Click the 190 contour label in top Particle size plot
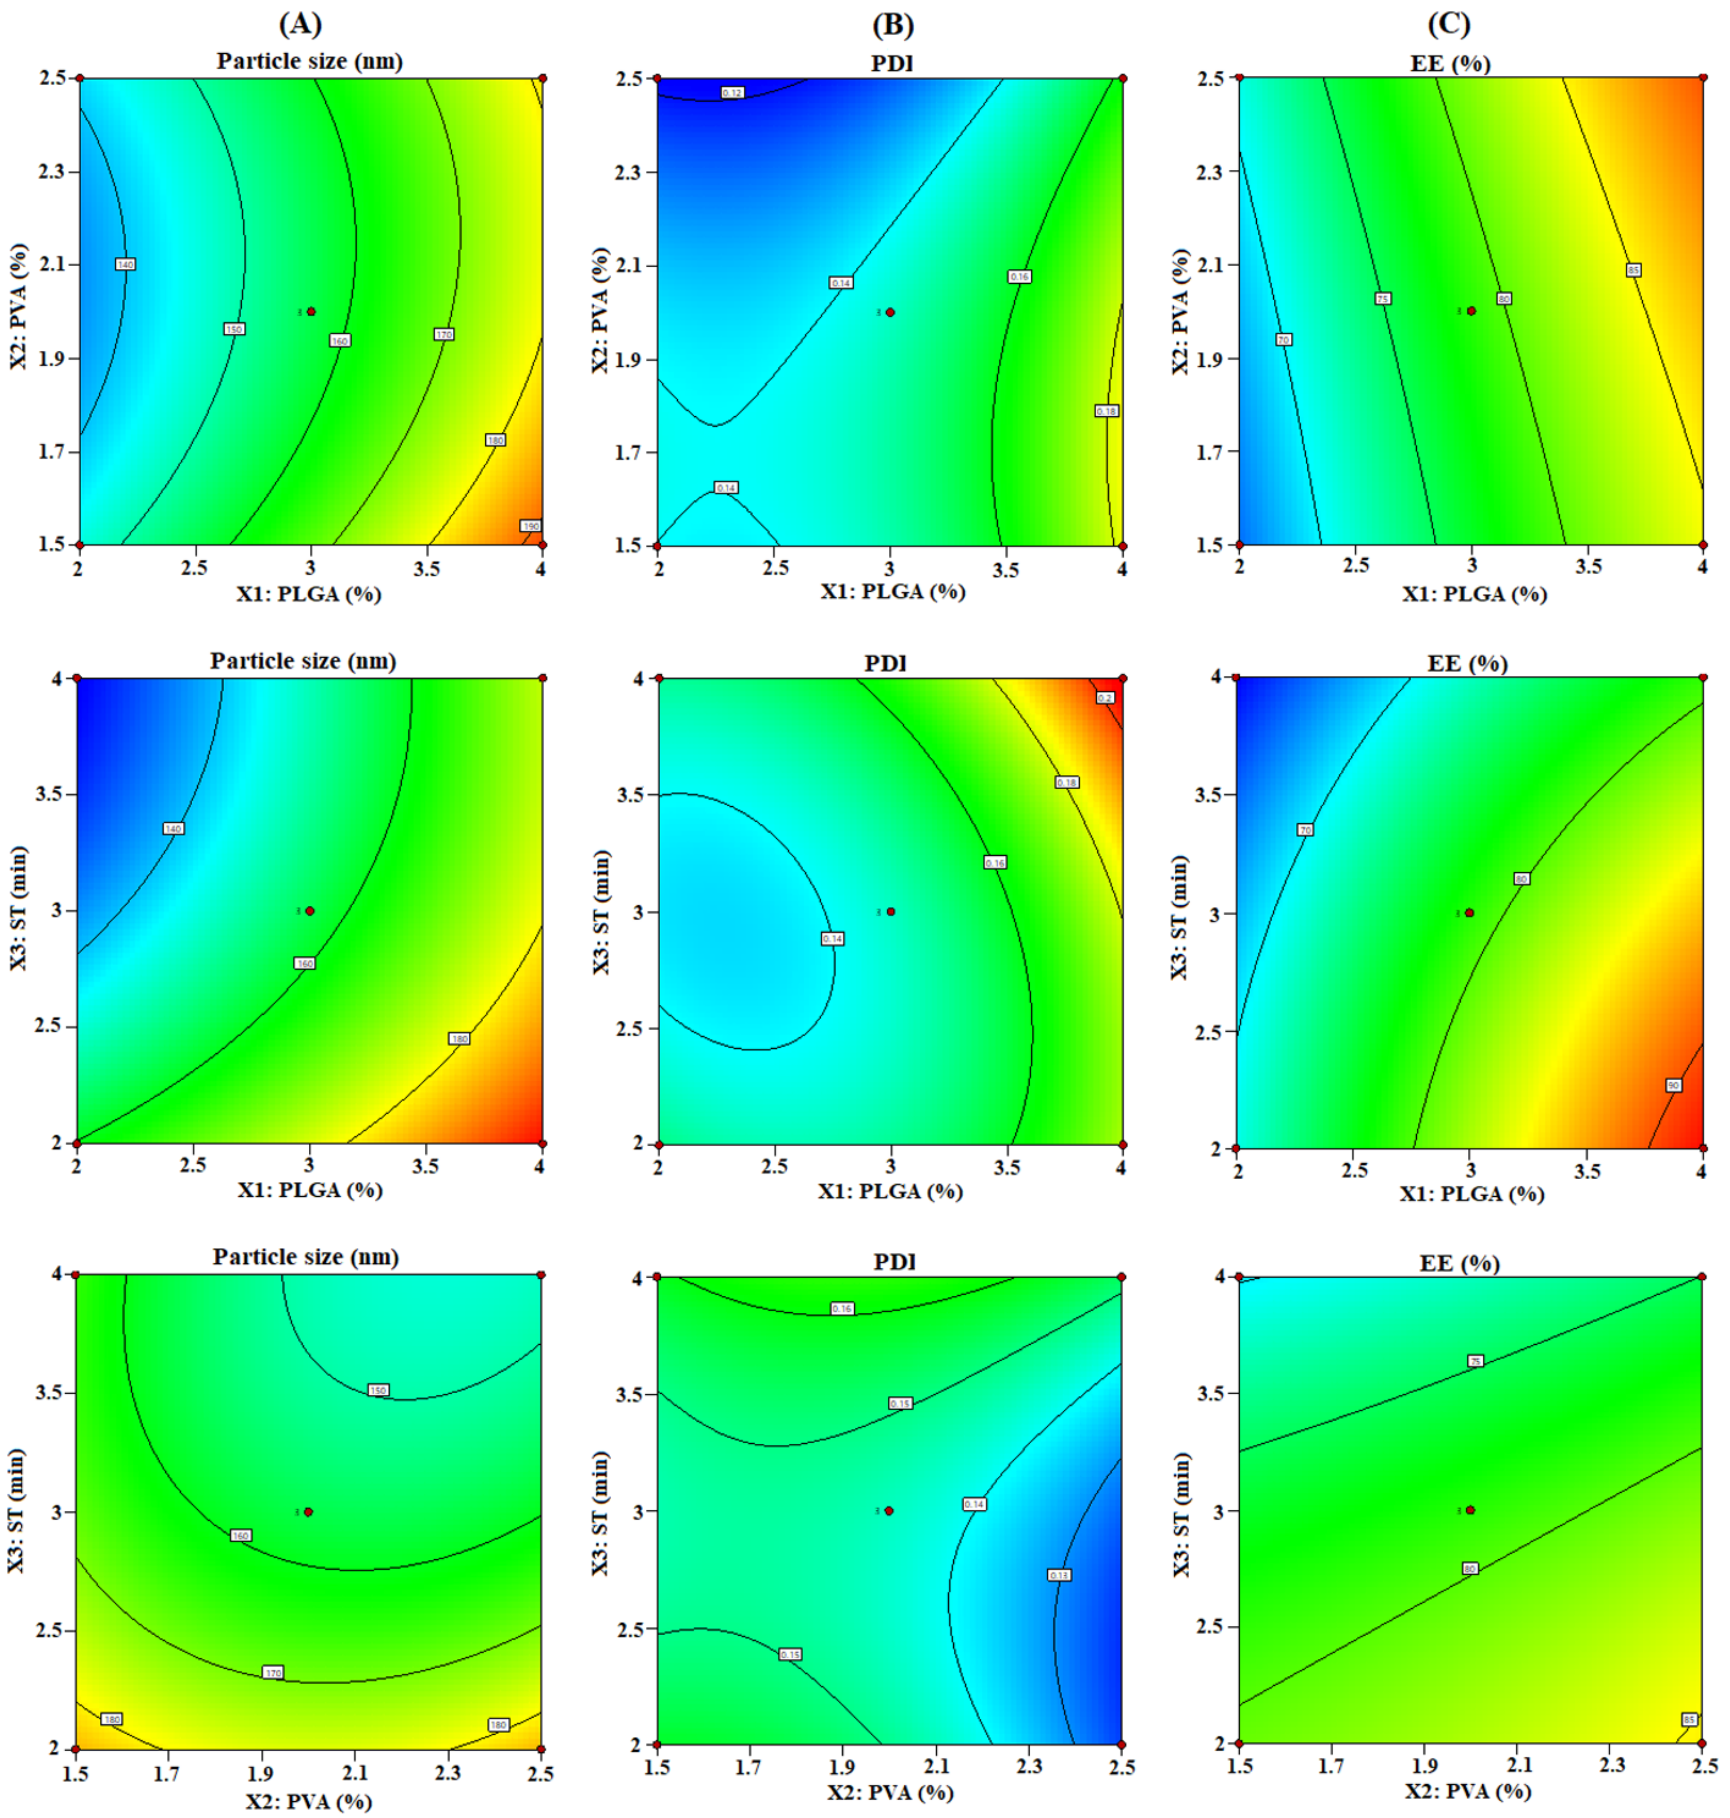[x=530, y=526]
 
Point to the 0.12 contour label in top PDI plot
[x=732, y=92]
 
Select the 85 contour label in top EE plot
[x=1633, y=270]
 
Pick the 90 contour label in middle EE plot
[x=1673, y=1086]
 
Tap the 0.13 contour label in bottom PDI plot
[x=1059, y=1575]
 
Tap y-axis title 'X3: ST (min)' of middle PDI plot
[x=600, y=911]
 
